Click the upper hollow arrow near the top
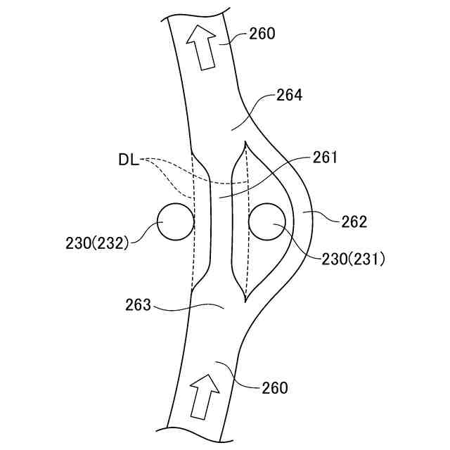(x=202, y=49)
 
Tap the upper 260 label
(x=262, y=33)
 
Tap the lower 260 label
(x=274, y=387)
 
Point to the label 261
(x=324, y=157)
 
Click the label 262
(x=354, y=222)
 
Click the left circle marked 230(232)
(x=174, y=222)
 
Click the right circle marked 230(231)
(x=266, y=222)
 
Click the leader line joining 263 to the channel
(x=190, y=307)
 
